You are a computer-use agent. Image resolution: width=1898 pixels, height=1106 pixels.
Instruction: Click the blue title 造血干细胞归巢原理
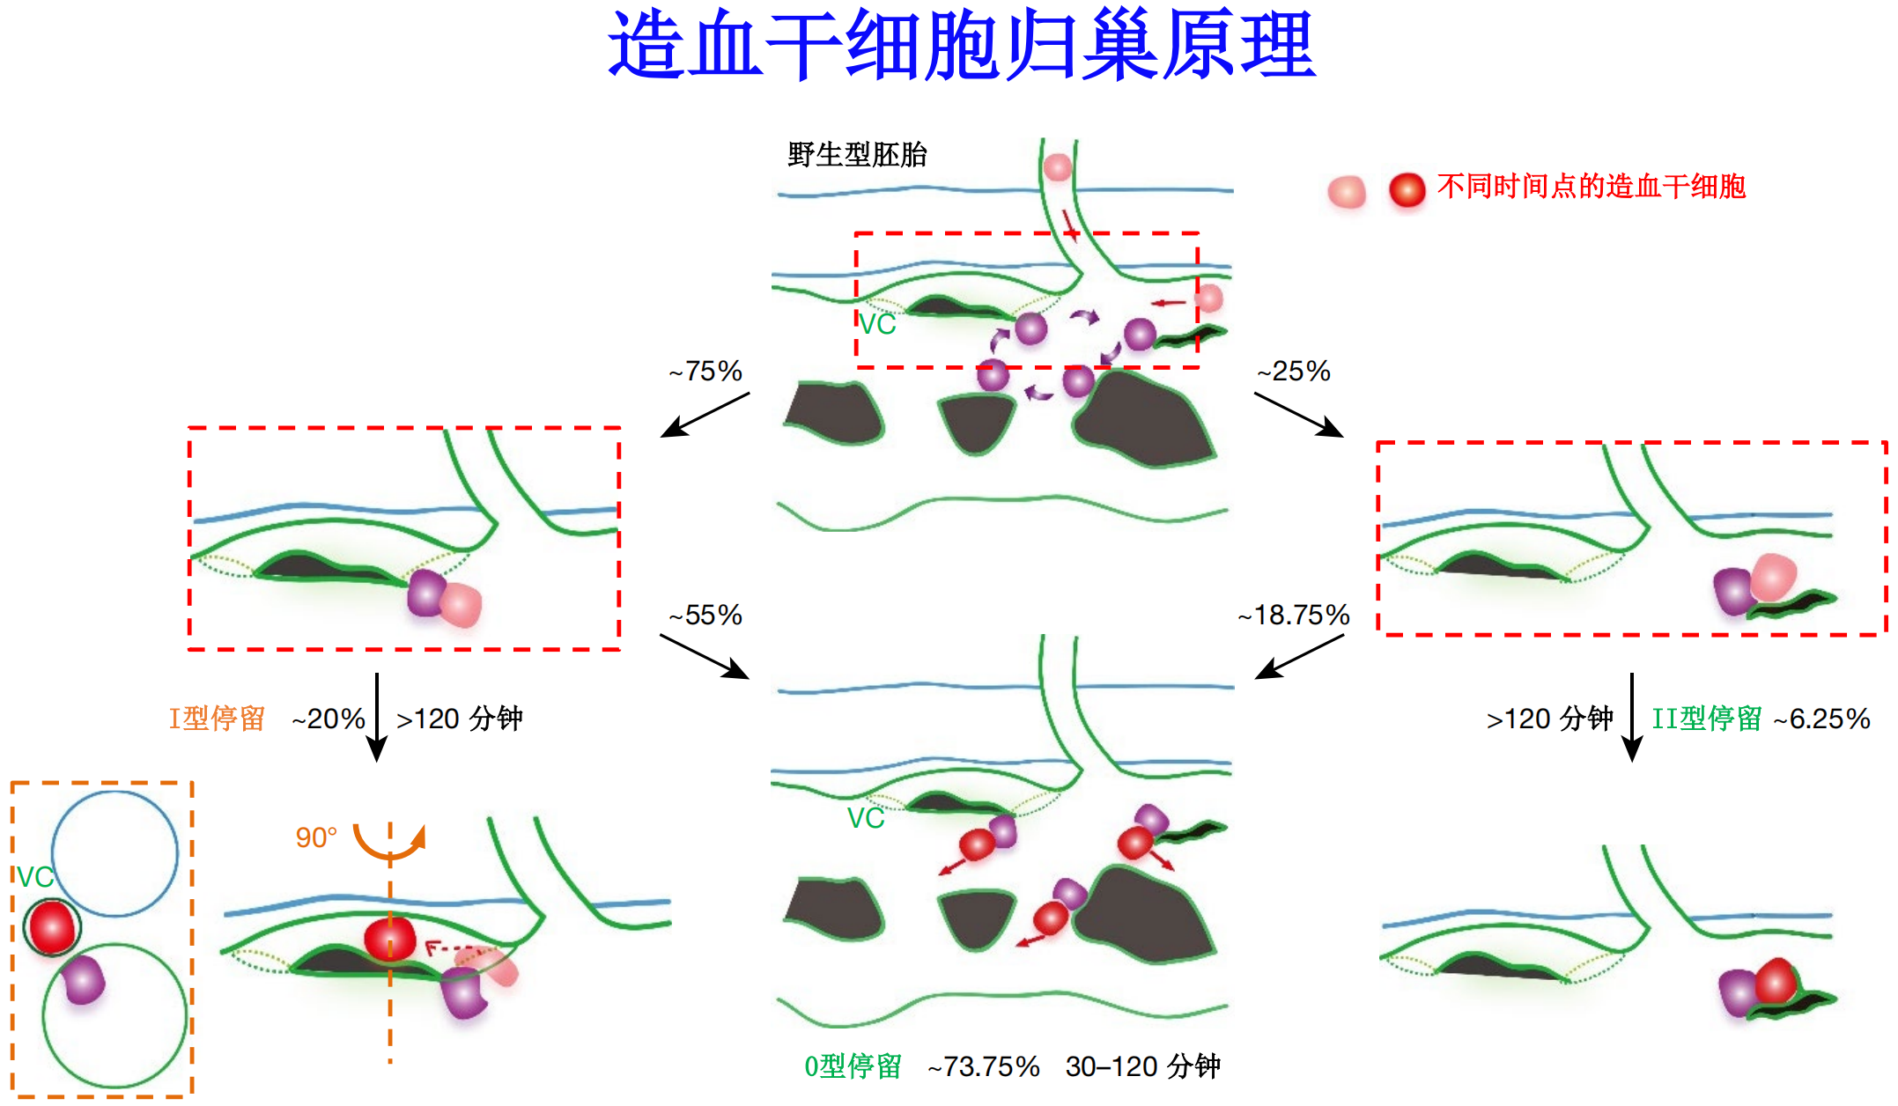coord(962,46)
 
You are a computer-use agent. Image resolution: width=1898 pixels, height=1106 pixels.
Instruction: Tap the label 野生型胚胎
coord(857,155)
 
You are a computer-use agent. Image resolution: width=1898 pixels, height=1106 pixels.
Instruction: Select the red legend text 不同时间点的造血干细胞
coord(1591,187)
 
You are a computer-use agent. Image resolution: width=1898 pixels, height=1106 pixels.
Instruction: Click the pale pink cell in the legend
coord(1347,191)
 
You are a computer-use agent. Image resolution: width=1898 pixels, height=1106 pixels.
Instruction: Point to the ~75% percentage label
coord(705,372)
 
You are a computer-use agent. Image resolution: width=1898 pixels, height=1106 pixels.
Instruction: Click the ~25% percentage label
coord(1294,372)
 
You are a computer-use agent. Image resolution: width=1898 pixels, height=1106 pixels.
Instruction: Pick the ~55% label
coord(705,615)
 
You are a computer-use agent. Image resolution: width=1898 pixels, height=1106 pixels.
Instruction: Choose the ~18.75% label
coord(1294,615)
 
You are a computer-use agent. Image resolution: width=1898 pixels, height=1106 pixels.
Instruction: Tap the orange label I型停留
coord(217,719)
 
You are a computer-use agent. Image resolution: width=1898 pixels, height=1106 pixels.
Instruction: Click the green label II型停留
coord(1706,719)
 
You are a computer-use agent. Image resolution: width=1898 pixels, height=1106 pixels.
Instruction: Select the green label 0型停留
coord(853,1066)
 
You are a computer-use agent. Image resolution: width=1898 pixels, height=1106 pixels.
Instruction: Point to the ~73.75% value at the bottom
coord(984,1066)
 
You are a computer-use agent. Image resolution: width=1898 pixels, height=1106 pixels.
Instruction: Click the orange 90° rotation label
coord(316,837)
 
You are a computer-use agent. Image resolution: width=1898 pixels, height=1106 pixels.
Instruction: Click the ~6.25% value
coord(1821,719)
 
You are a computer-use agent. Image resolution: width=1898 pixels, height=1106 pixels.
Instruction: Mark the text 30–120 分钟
coord(1142,1066)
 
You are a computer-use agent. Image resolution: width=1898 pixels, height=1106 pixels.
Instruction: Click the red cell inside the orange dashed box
coord(51,927)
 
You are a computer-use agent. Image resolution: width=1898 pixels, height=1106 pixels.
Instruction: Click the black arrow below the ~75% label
coord(705,415)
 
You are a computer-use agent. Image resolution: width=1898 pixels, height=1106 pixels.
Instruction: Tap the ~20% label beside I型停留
coord(329,719)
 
